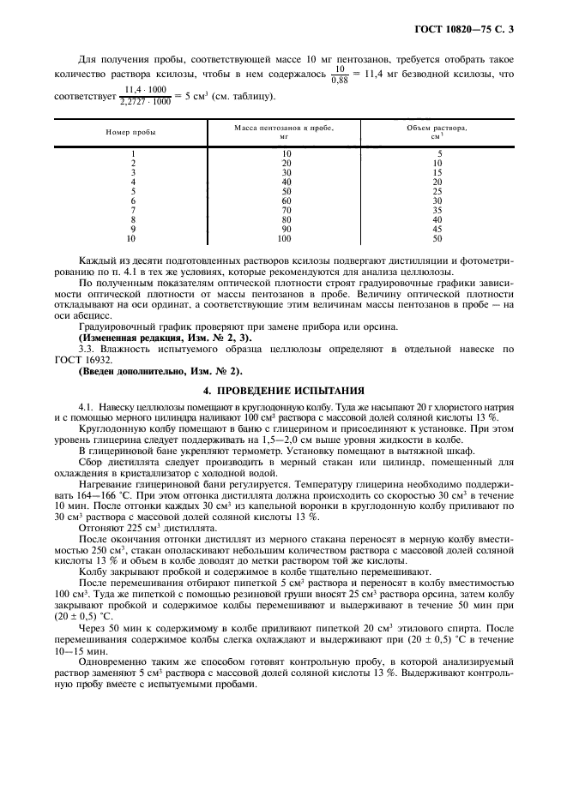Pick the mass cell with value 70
tap(287, 209)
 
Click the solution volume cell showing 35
tap(437, 209)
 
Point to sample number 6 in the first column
tap(133, 200)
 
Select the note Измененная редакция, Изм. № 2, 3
tap(165, 339)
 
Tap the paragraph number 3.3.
tap(87, 350)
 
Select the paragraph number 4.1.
tap(87, 404)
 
